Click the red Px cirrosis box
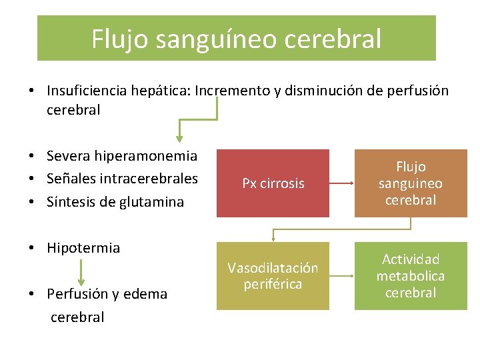click(273, 183)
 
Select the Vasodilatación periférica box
click(273, 276)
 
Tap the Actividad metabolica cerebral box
click(410, 276)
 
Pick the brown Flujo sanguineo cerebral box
click(410, 183)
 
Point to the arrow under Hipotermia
click(81, 272)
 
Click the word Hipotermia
click(83, 248)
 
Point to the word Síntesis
click(69, 202)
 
